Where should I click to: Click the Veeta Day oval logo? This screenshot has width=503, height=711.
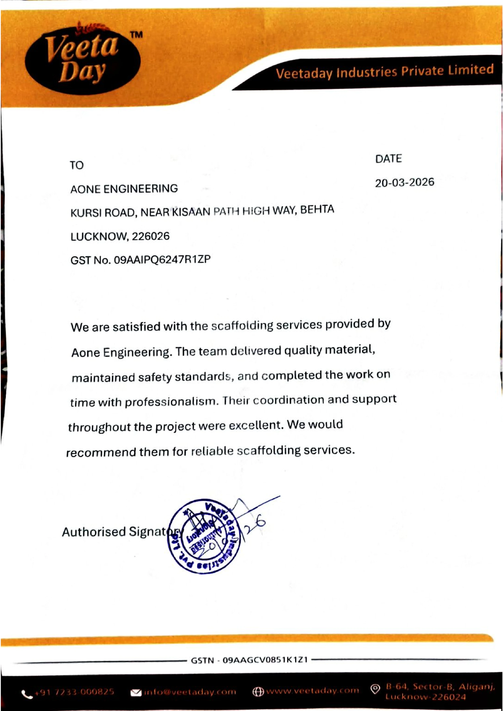coord(82,59)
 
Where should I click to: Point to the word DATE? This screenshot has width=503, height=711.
coord(388,159)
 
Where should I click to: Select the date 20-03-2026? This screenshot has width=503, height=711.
coord(404,183)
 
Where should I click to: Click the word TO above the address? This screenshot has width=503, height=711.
coord(76,165)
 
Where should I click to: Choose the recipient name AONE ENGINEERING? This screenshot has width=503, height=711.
coord(124,189)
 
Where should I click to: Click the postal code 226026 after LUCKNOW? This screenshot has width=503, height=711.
coord(151,237)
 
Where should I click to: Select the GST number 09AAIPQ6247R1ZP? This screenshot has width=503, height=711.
coord(162,259)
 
